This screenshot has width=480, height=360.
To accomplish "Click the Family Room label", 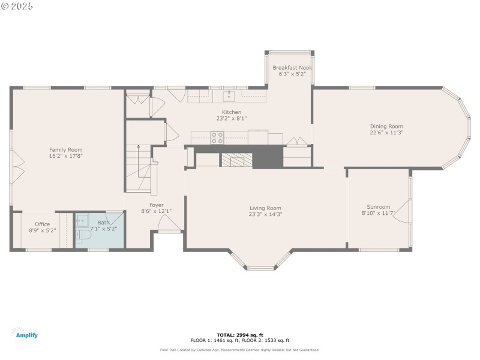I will coord(66,149).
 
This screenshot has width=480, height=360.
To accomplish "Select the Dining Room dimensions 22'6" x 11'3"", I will coord(386,133).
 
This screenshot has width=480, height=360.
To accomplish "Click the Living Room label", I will coord(265,208).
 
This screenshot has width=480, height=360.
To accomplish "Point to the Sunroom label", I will coord(379,207).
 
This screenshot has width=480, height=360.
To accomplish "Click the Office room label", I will coord(43,224).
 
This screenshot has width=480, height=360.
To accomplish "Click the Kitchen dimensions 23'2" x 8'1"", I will coord(232,119).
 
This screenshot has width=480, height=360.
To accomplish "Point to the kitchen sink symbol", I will coord(229,95).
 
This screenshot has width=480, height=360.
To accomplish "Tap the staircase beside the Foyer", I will coord(139,168).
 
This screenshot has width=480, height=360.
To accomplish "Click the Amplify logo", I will coord(24,333).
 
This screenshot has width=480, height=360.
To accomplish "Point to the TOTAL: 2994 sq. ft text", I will coord(240,335).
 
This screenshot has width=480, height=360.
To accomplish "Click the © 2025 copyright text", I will coord(17,5).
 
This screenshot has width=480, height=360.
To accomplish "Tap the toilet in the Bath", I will coord(82,238).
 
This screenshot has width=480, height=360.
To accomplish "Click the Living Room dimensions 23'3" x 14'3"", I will coord(265,214).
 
